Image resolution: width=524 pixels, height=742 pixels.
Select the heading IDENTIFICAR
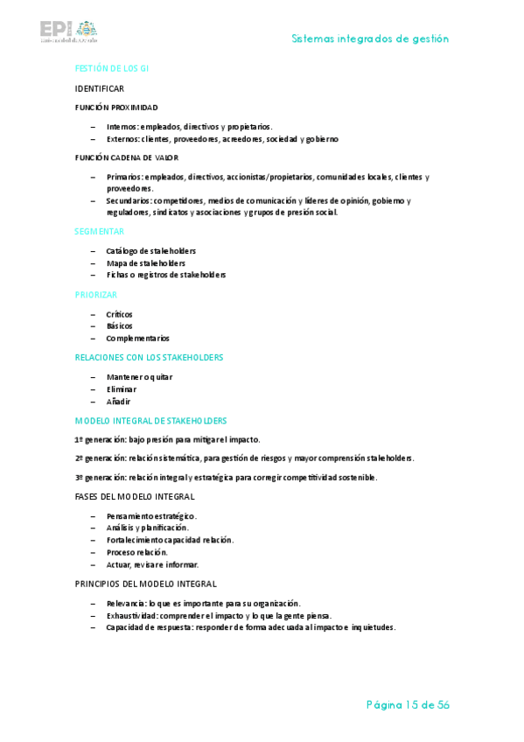pyautogui.click(x=100, y=88)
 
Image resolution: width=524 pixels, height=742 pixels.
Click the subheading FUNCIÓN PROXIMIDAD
pyautogui.click(x=116, y=108)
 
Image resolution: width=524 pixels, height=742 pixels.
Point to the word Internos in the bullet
pyautogui.click(x=122, y=127)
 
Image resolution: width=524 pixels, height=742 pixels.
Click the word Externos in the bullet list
pyautogui.click(x=122, y=139)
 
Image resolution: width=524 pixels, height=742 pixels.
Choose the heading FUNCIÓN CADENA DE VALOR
pyautogui.click(x=127, y=157)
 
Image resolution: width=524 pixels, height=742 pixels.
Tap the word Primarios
pyautogui.click(x=124, y=177)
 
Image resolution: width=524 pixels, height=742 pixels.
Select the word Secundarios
pyautogui.click(x=129, y=200)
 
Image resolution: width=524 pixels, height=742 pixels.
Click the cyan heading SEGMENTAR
pyautogui.click(x=100, y=232)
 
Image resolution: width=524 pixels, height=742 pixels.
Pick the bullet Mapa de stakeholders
pyautogui.click(x=145, y=263)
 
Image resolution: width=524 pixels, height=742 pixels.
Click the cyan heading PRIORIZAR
pyautogui.click(x=96, y=295)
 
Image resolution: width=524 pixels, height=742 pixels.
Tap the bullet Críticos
pyautogui.click(x=119, y=314)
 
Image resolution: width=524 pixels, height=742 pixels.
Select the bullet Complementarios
pyautogui.click(x=137, y=338)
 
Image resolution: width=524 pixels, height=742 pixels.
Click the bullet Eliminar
pyautogui.click(x=122, y=388)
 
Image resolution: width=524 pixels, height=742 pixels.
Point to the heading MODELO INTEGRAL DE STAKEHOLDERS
pyautogui.click(x=150, y=421)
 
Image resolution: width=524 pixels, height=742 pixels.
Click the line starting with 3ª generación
pyautogui.click(x=226, y=477)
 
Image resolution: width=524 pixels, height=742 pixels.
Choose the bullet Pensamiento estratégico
pyautogui.click(x=151, y=516)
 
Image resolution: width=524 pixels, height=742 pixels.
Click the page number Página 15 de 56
pyautogui.click(x=408, y=705)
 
